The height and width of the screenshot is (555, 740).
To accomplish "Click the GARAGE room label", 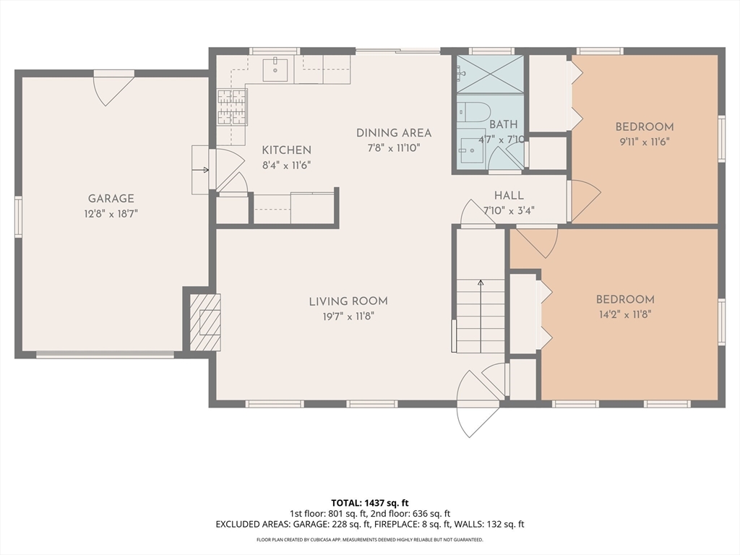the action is (x=111, y=199).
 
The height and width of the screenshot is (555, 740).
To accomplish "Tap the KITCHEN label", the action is (x=286, y=150).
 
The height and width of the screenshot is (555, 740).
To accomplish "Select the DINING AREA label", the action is (x=394, y=133).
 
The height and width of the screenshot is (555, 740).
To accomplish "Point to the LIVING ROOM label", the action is (x=348, y=301).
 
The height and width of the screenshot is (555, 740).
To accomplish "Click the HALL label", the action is (x=509, y=195).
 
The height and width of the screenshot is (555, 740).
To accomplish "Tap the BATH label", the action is (x=503, y=124).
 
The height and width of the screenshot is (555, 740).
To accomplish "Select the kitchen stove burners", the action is (x=232, y=107).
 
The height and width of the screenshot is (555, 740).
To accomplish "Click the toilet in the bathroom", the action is (x=473, y=112).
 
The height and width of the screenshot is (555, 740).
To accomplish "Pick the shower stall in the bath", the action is (x=491, y=74).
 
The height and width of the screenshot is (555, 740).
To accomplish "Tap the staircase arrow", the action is (x=481, y=317).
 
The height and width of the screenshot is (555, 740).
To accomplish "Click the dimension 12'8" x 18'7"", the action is (x=111, y=214).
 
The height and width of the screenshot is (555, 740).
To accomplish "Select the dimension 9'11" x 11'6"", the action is (x=645, y=142).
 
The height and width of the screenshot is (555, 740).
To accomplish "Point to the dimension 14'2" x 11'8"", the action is (x=625, y=314).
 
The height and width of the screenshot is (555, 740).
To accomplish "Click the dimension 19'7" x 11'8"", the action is (x=348, y=317).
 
